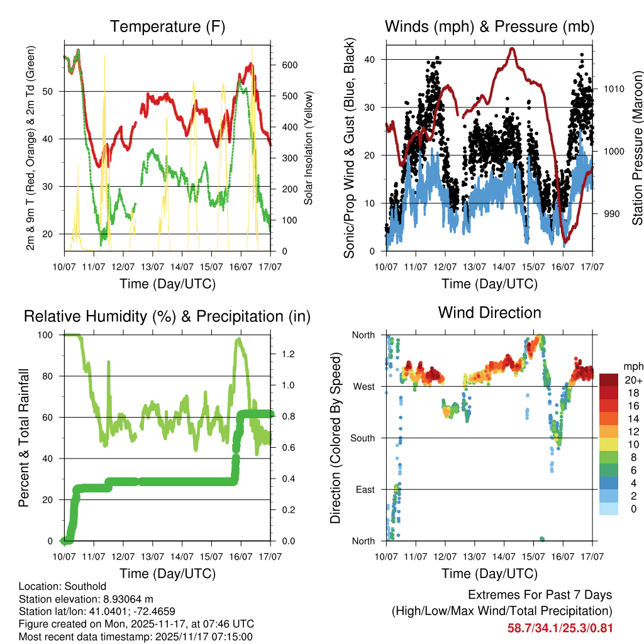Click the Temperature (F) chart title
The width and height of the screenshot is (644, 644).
(x=167, y=26)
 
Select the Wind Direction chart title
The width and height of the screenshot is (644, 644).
(x=489, y=313)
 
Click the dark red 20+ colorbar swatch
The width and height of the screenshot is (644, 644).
(x=608, y=379)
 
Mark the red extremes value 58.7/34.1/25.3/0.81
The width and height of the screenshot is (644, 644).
(x=559, y=628)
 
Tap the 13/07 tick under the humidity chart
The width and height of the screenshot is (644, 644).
(x=152, y=557)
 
